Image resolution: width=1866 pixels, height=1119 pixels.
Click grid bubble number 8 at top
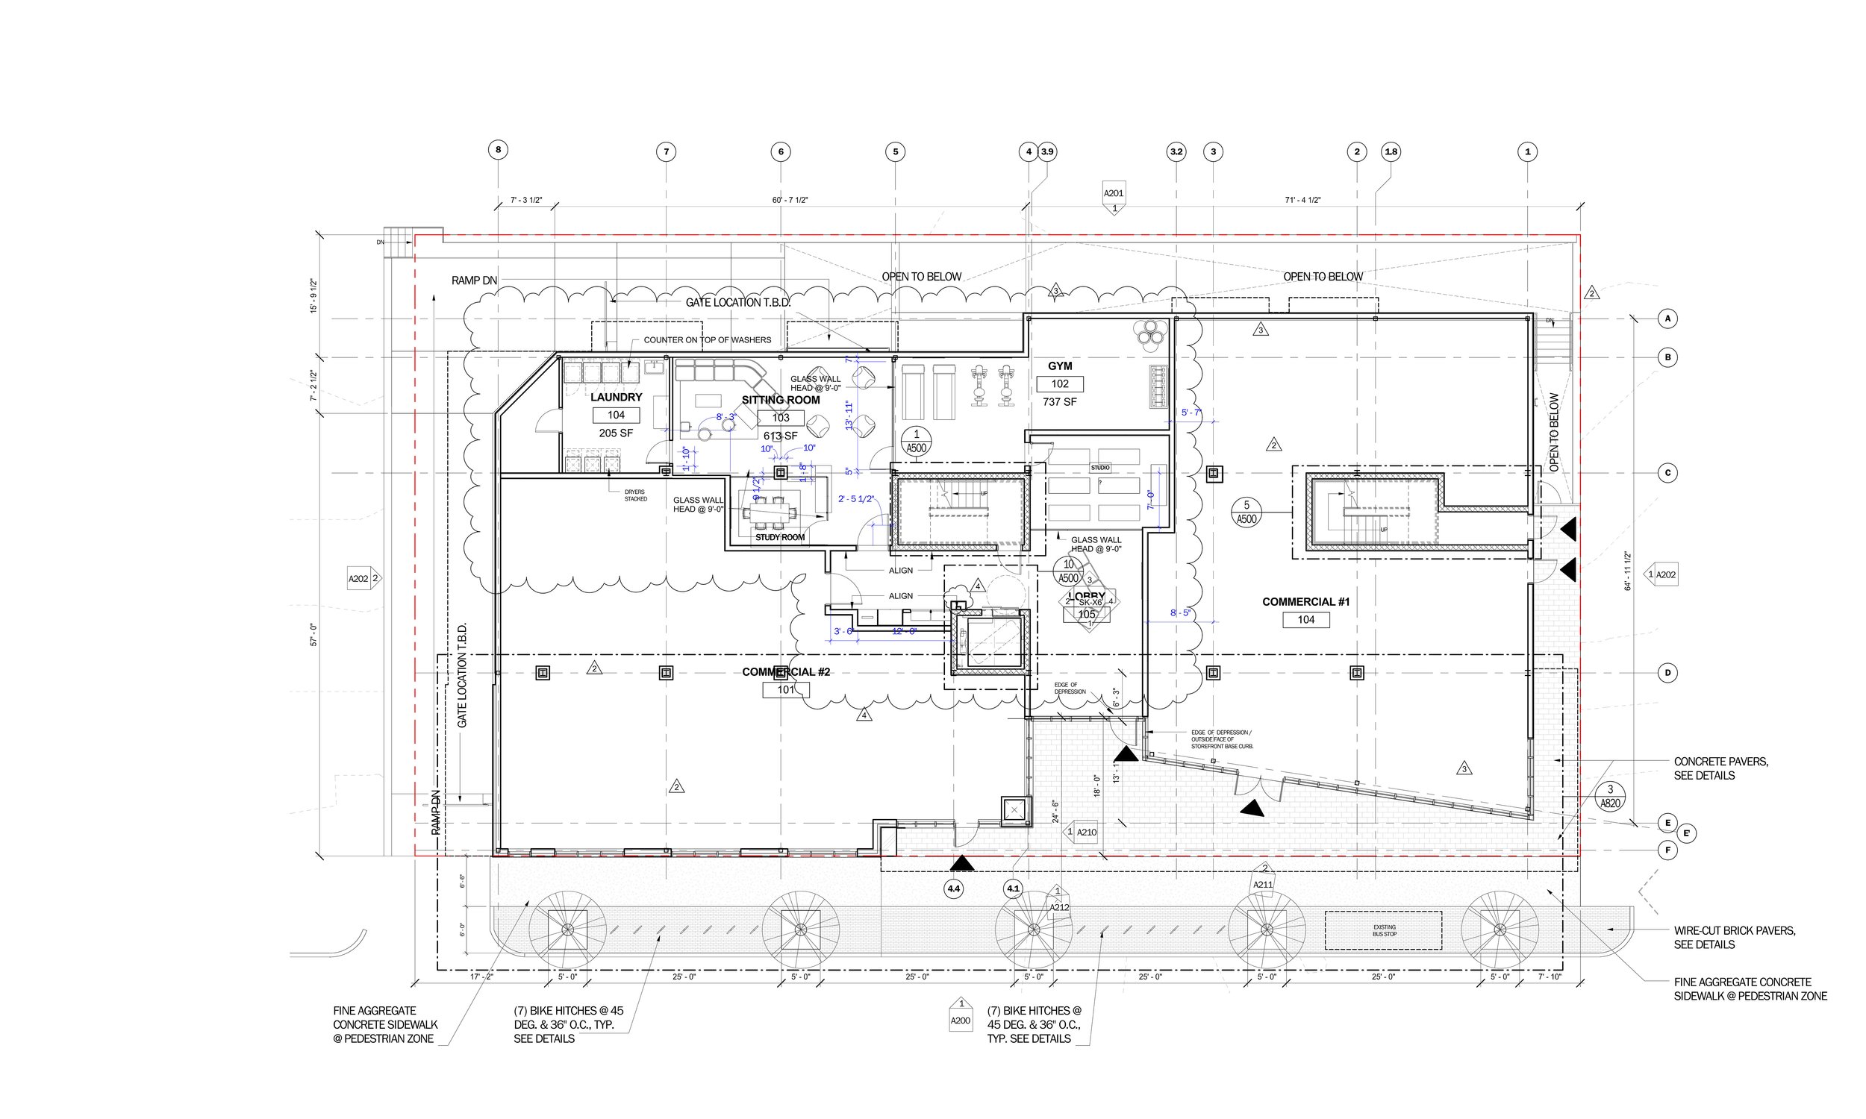[498, 149]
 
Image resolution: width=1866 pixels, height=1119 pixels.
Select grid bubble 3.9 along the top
[1047, 151]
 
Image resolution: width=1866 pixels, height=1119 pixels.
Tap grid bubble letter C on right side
[1667, 473]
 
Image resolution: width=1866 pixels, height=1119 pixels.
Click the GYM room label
[1060, 366]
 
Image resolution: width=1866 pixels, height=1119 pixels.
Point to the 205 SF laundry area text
[616, 433]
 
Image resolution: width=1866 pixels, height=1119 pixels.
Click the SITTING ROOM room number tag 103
[781, 417]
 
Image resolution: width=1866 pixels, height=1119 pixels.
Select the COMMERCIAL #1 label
[1305, 602]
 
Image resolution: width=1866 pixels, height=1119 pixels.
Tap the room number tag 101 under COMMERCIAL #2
[786, 689]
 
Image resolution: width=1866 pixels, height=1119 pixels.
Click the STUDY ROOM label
[780, 538]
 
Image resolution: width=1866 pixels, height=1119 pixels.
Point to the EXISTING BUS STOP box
[1383, 930]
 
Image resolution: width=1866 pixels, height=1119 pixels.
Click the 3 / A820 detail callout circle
[1609, 796]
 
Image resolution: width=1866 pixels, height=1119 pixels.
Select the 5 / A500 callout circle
[1246, 512]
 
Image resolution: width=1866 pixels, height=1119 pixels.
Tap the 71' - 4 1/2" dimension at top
[1302, 201]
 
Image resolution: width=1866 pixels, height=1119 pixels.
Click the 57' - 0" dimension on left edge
[313, 634]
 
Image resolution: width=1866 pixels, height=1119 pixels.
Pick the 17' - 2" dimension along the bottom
[481, 977]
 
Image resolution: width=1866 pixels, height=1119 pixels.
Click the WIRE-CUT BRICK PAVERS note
[1734, 937]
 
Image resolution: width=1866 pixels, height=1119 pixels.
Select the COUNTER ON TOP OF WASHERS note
[707, 340]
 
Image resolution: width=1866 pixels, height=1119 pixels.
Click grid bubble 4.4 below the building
[953, 889]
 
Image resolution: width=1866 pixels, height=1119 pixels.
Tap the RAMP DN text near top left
[474, 280]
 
